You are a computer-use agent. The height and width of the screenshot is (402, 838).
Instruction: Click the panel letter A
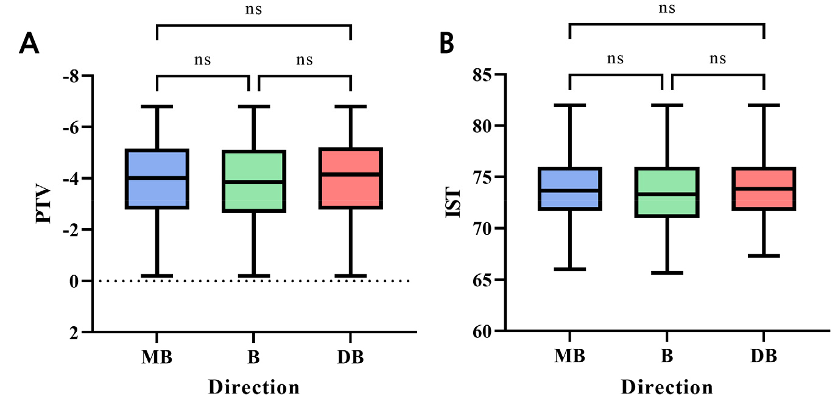tap(29, 43)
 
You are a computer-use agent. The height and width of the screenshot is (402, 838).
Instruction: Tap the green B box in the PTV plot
tap(253, 181)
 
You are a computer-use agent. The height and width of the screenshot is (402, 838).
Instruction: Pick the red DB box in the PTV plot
tap(350, 178)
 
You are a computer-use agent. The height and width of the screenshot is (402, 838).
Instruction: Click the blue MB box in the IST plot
tap(570, 189)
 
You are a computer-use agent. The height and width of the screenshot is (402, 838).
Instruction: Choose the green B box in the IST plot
tap(667, 192)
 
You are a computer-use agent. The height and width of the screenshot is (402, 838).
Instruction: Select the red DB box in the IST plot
tap(764, 189)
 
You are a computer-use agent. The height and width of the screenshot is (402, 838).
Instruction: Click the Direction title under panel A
tap(254, 387)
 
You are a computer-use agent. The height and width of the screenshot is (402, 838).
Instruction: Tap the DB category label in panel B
tap(764, 356)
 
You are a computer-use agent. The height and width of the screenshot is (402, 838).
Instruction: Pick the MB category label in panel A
tap(157, 356)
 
